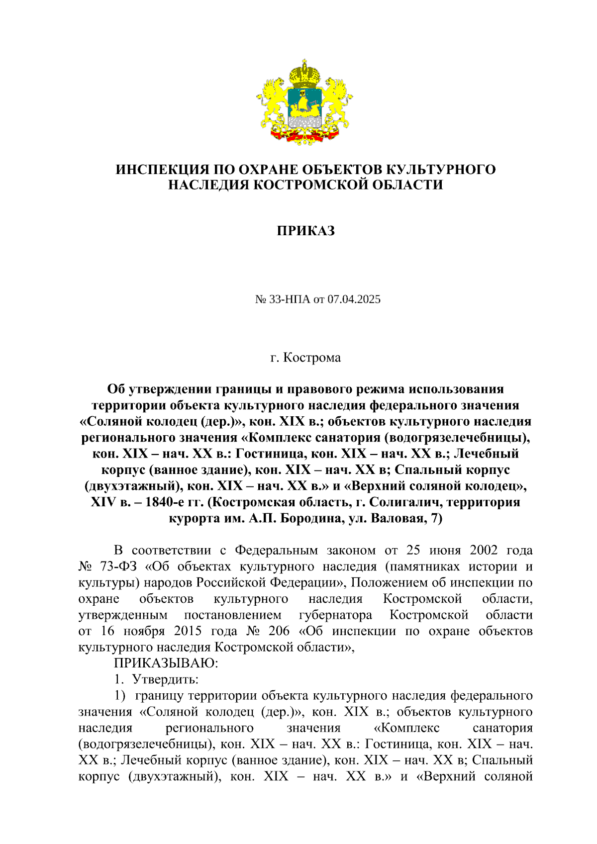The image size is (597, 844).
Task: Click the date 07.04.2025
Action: [354, 299]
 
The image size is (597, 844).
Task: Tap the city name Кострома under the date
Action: [312, 358]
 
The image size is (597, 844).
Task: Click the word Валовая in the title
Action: [398, 518]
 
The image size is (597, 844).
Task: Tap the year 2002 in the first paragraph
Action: [484, 550]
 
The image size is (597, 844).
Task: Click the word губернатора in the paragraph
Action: [335, 615]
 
